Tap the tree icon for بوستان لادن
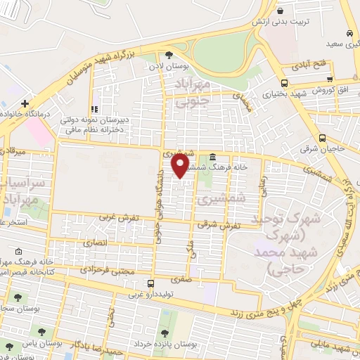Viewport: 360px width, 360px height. [x=169, y=56]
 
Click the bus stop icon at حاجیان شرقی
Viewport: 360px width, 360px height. [x=322, y=138]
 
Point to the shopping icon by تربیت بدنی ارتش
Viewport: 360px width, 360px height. [x=281, y=11]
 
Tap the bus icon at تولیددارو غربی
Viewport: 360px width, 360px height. [x=131, y=283]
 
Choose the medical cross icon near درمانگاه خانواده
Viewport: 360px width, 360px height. [x=25, y=103]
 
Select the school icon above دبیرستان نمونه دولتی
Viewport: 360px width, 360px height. [x=94, y=109]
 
